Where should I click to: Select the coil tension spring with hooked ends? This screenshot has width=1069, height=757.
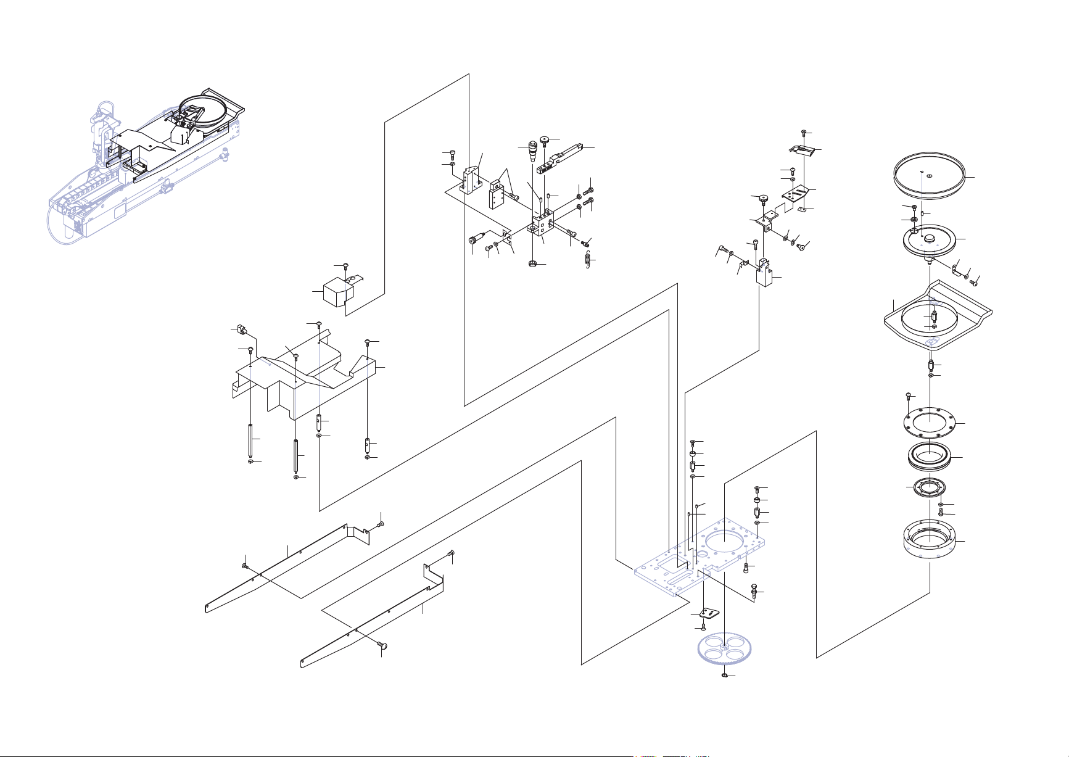click(587, 260)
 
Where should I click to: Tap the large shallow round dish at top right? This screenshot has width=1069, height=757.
click(930, 176)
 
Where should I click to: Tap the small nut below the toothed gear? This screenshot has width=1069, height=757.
click(724, 676)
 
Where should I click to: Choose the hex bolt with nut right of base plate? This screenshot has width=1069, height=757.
click(754, 590)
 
